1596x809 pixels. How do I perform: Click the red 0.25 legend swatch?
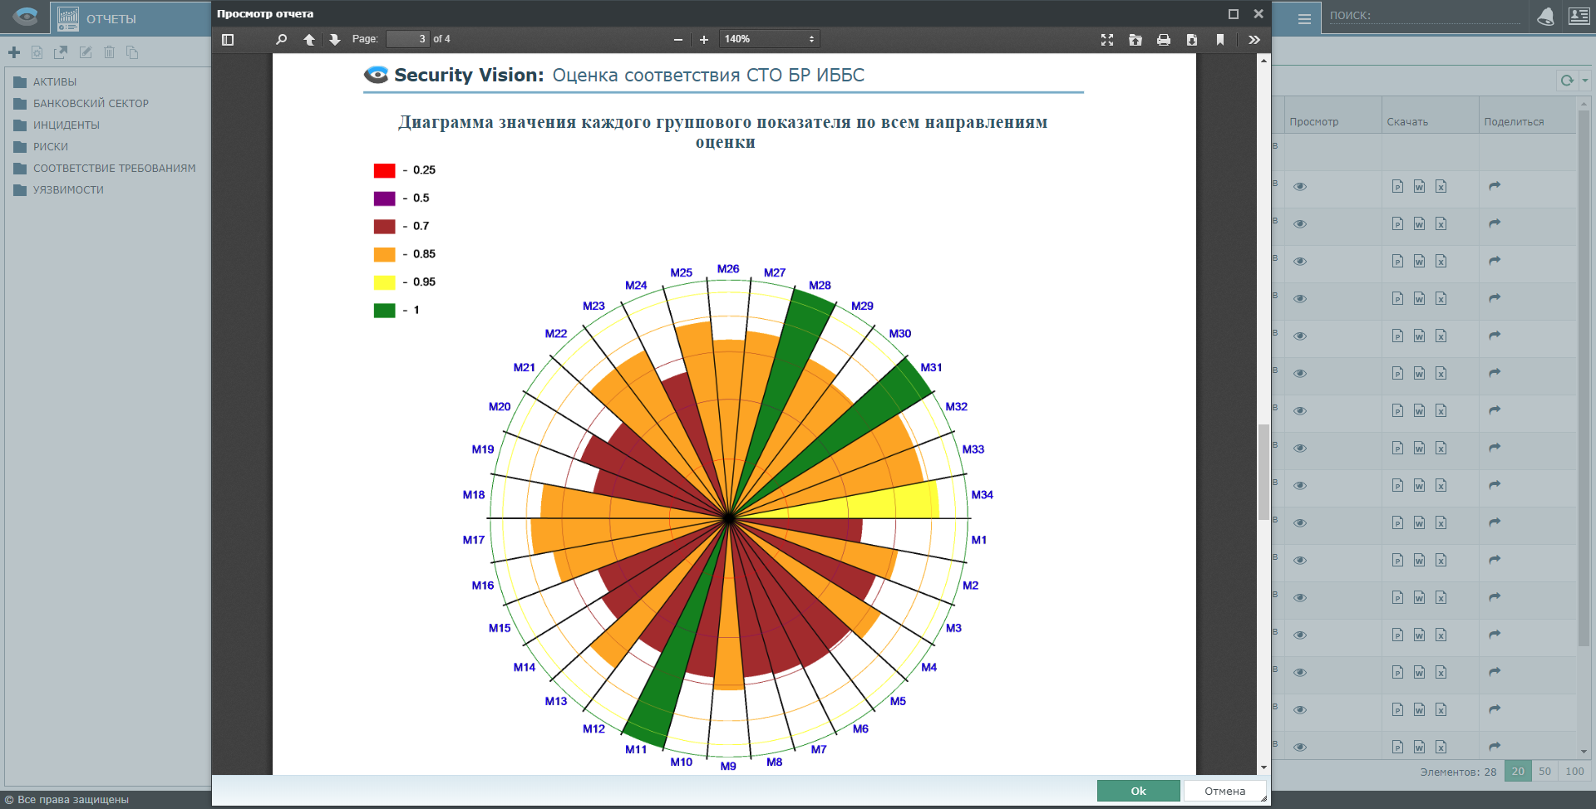tap(384, 170)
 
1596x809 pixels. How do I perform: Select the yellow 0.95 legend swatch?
tap(384, 282)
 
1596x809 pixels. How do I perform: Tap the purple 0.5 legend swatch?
tap(384, 199)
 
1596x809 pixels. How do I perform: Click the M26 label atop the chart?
tap(728, 269)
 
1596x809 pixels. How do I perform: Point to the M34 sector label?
tap(982, 495)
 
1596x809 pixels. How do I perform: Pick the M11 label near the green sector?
tap(636, 749)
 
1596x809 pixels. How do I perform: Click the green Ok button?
tap(1138, 791)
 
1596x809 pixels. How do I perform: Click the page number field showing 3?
tap(407, 39)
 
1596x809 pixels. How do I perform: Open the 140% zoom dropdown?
tap(769, 39)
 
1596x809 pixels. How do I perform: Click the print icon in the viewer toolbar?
tap(1164, 40)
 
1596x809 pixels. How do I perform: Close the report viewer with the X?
tap(1259, 14)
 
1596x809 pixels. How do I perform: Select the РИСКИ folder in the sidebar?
tap(51, 147)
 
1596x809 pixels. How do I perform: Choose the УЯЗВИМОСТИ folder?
tap(68, 190)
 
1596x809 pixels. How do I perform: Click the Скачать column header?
tap(1407, 122)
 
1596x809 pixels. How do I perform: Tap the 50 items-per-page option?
tap(1544, 772)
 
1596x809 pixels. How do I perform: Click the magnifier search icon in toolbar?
tap(281, 39)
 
